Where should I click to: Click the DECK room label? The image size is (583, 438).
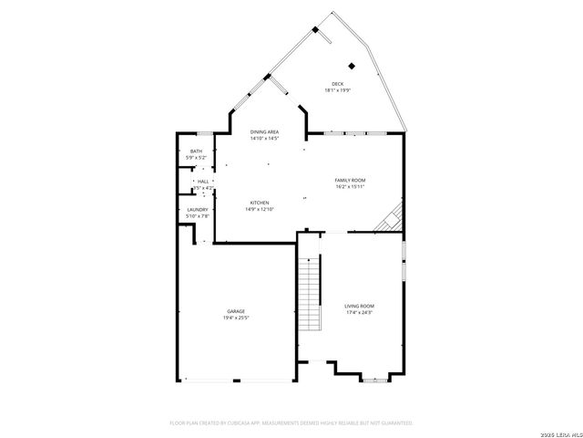tap(338, 84)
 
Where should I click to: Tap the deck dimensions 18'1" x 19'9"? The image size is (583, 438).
tap(338, 90)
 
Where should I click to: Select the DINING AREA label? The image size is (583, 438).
tap(264, 132)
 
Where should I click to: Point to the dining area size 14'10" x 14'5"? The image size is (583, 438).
tap(264, 139)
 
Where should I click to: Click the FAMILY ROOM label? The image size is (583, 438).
tap(350, 181)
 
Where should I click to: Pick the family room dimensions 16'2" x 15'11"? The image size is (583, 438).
tap(350, 187)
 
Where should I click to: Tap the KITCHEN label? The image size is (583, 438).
tap(260, 203)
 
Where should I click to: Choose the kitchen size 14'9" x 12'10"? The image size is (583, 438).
tap(260, 209)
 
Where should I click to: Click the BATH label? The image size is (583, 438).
tap(196, 151)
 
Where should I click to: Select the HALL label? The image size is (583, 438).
tap(202, 182)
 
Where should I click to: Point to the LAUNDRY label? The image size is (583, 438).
tap(198, 210)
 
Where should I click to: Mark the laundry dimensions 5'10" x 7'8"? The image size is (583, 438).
tap(198, 216)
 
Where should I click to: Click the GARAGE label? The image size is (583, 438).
tap(236, 311)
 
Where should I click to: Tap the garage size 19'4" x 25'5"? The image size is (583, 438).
tap(236, 318)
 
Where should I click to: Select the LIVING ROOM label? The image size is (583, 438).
tap(359, 306)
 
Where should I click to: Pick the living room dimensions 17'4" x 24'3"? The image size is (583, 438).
tap(359, 312)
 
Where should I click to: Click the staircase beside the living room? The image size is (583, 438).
tap(311, 292)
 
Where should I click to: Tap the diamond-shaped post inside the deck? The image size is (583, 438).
tap(353, 65)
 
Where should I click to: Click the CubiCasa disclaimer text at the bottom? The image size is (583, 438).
tap(291, 422)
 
